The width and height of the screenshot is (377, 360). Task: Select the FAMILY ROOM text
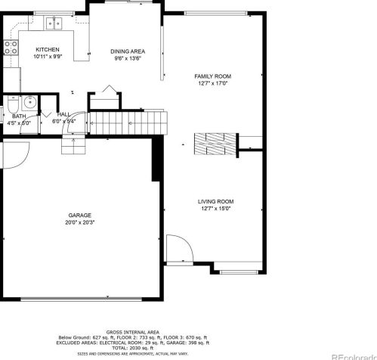[212, 76]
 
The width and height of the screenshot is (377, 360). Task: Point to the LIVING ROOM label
[215, 201]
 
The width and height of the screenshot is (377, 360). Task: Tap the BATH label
[19, 116]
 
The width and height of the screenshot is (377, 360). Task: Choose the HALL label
[63, 114]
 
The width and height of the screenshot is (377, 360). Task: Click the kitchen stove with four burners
[11, 49]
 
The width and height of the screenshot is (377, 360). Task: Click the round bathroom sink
[29, 103]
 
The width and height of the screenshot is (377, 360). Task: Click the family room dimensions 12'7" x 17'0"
[212, 84]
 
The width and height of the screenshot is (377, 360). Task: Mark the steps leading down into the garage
[73, 144]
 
